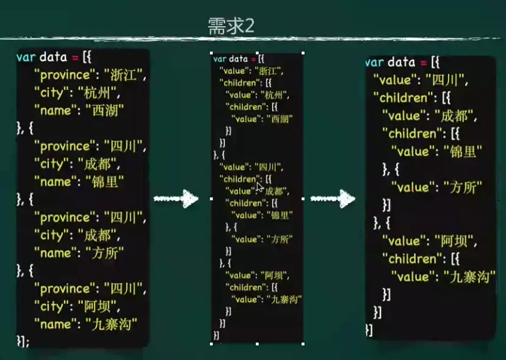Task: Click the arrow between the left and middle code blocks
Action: (x=176, y=199)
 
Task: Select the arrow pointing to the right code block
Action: (x=333, y=199)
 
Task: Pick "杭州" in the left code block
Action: (x=98, y=94)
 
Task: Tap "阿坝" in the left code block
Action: (x=98, y=306)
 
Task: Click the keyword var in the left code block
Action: (x=26, y=58)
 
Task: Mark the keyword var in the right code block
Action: (x=374, y=62)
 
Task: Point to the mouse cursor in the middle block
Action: (x=260, y=187)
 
